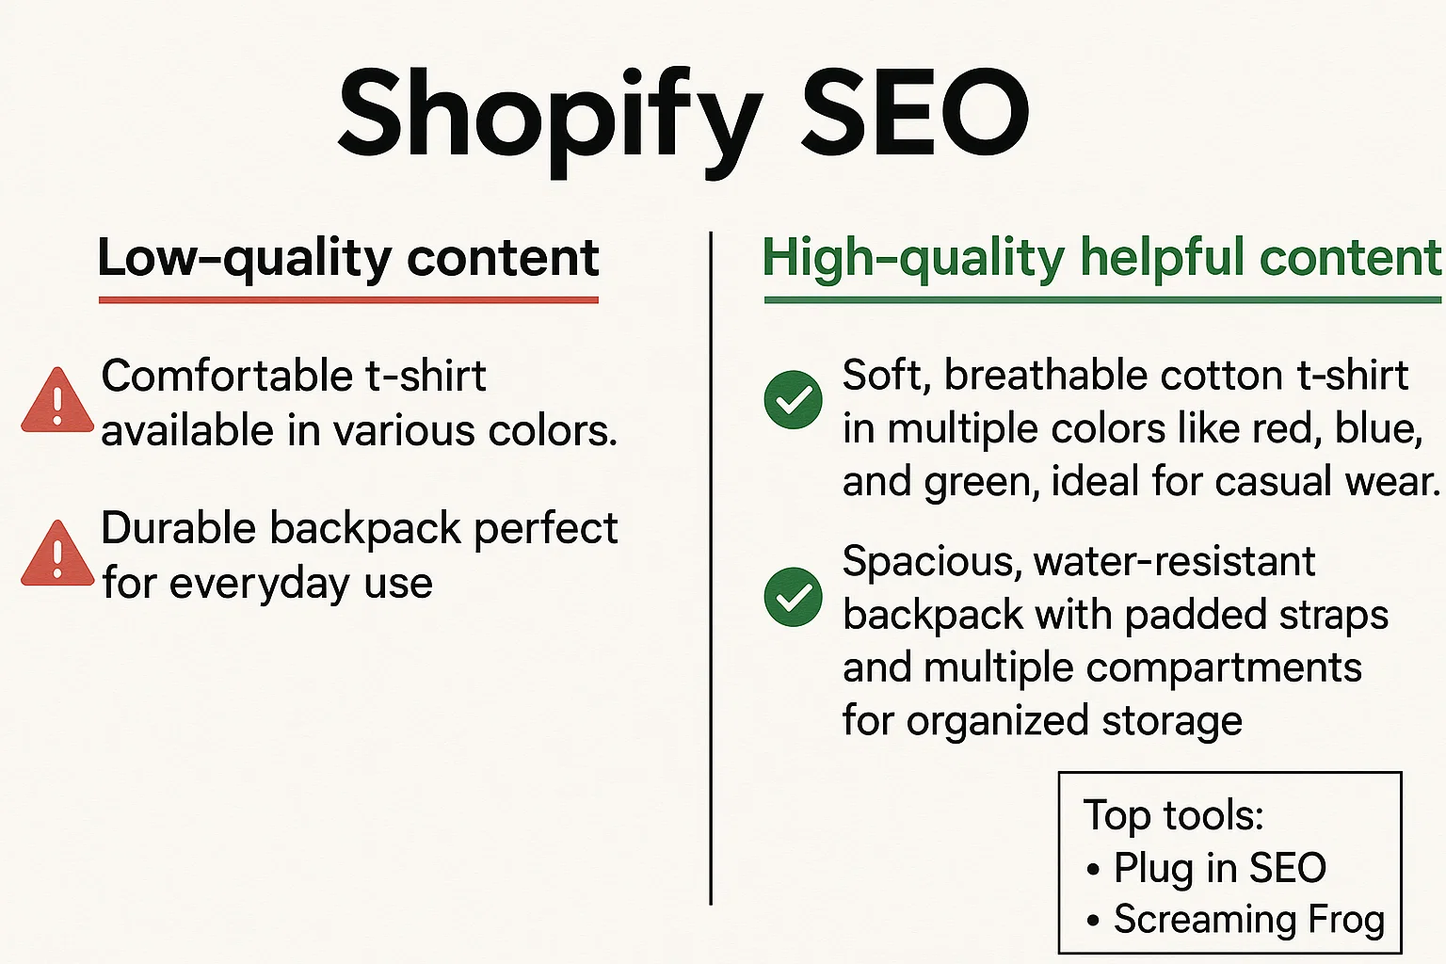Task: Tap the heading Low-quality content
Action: click(x=348, y=258)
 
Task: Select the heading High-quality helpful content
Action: click(x=1101, y=258)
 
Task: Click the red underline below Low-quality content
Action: click(x=348, y=300)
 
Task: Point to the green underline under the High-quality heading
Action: click(x=1101, y=300)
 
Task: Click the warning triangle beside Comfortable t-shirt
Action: click(x=57, y=402)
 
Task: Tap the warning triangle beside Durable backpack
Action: click(x=57, y=555)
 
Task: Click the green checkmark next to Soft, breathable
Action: click(x=794, y=400)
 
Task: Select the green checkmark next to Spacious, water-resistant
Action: click(x=794, y=597)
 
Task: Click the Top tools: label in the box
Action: click(x=1173, y=815)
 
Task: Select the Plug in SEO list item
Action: click(x=1219, y=868)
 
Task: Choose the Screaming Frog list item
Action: click(x=1248, y=920)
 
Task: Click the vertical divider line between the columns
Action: click(x=711, y=565)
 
